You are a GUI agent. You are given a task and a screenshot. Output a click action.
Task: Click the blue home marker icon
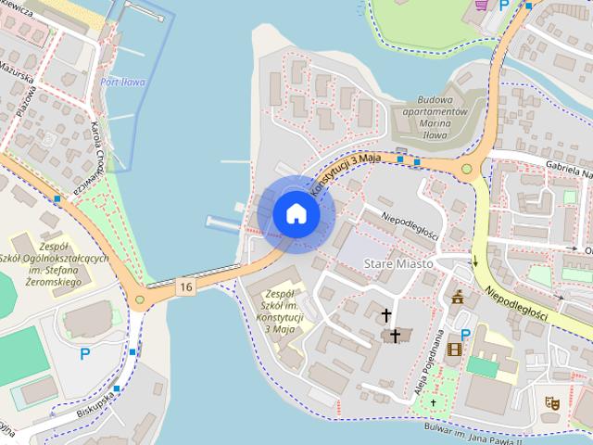tap(296, 213)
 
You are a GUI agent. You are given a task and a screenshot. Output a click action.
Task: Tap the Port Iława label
tap(122, 82)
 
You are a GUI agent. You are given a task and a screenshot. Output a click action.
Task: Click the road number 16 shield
tap(186, 286)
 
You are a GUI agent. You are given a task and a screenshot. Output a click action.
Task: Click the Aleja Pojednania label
tap(429, 362)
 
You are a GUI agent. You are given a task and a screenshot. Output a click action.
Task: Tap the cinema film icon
tap(454, 350)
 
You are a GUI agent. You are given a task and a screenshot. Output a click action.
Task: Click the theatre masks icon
tap(551, 401)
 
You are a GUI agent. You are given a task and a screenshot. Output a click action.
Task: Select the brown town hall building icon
tap(457, 298)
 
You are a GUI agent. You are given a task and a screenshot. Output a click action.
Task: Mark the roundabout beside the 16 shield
tap(140, 299)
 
